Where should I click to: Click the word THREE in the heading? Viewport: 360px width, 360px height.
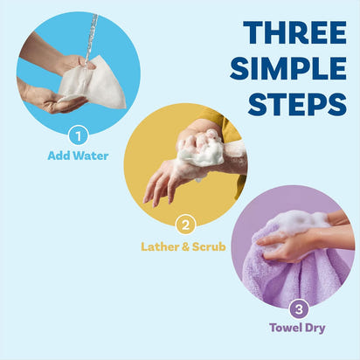(292, 32)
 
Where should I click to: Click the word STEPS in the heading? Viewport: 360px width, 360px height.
(297, 103)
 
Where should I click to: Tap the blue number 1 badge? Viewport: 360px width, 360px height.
(78, 136)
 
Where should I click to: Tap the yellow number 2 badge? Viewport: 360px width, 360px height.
(184, 225)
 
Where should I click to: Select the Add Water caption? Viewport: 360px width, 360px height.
(78, 156)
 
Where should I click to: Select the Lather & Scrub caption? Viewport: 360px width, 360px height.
(183, 246)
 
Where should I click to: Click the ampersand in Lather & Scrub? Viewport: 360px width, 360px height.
(185, 246)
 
